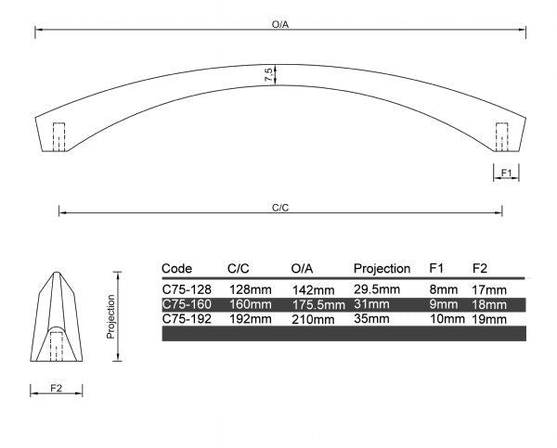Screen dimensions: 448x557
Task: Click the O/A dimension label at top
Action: (280, 25)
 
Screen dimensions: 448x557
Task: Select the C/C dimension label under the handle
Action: (280, 207)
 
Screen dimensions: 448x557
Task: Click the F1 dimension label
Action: (506, 173)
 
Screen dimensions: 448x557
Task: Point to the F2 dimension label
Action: (56, 386)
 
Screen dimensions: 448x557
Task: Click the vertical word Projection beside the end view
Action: (110, 316)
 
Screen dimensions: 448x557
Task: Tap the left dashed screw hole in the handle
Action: (58, 136)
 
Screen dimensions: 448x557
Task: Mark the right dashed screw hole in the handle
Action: (502, 136)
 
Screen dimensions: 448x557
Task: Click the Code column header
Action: (176, 269)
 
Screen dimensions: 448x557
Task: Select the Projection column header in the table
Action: (382, 269)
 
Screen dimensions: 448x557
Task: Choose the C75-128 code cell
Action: (188, 289)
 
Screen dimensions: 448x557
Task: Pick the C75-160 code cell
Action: (188, 304)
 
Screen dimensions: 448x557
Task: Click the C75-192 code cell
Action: (188, 319)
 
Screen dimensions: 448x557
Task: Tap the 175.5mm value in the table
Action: (317, 304)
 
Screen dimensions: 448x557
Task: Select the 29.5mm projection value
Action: (377, 289)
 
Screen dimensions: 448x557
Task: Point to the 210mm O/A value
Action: (312, 319)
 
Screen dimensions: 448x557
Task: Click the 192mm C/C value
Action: (251, 319)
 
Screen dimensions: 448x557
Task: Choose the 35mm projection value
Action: (369, 319)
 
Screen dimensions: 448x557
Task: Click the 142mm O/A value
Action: (312, 289)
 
